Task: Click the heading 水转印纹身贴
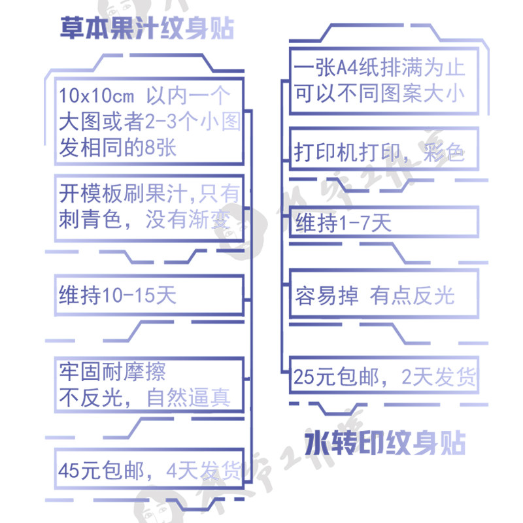tap(385, 444)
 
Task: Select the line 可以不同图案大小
tap(379, 93)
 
